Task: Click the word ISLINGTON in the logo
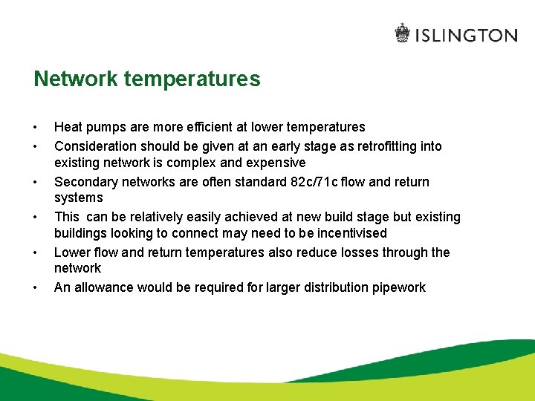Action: [466, 35]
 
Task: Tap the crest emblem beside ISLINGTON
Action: [402, 34]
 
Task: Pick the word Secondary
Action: [84, 182]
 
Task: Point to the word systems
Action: [79, 198]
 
